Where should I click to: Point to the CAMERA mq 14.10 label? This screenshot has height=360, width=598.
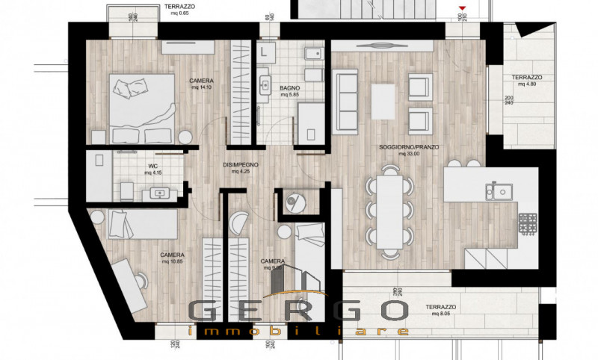201,84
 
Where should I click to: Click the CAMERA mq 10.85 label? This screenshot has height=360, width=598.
173,258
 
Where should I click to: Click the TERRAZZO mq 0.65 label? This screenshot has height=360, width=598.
182,9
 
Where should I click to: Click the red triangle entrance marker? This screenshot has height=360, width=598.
463,8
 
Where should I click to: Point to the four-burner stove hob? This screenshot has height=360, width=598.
528,221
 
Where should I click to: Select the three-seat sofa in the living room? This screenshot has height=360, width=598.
346,100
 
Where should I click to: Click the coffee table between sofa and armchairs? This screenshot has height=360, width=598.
383,101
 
